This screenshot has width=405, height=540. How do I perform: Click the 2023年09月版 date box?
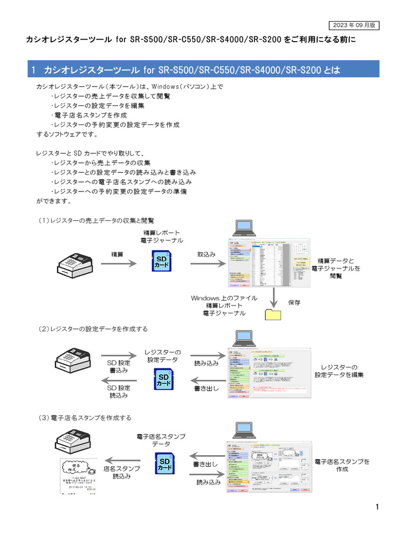[353, 25]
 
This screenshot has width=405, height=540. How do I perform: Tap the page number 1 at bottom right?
[377, 507]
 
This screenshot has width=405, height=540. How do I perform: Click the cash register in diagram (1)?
[74, 262]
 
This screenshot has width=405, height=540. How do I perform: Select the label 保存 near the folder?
[294, 303]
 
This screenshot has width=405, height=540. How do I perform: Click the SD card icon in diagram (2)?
[163, 380]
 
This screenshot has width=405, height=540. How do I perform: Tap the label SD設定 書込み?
[119, 366]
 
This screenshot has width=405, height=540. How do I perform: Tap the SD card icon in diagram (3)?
[165, 465]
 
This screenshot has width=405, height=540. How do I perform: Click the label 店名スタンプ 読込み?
[122, 472]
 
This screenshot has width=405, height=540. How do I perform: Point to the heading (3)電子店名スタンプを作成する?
[85, 418]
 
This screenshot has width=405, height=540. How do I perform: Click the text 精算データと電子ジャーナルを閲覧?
[336, 268]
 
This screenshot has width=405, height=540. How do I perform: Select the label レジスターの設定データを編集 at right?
[339, 371]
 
